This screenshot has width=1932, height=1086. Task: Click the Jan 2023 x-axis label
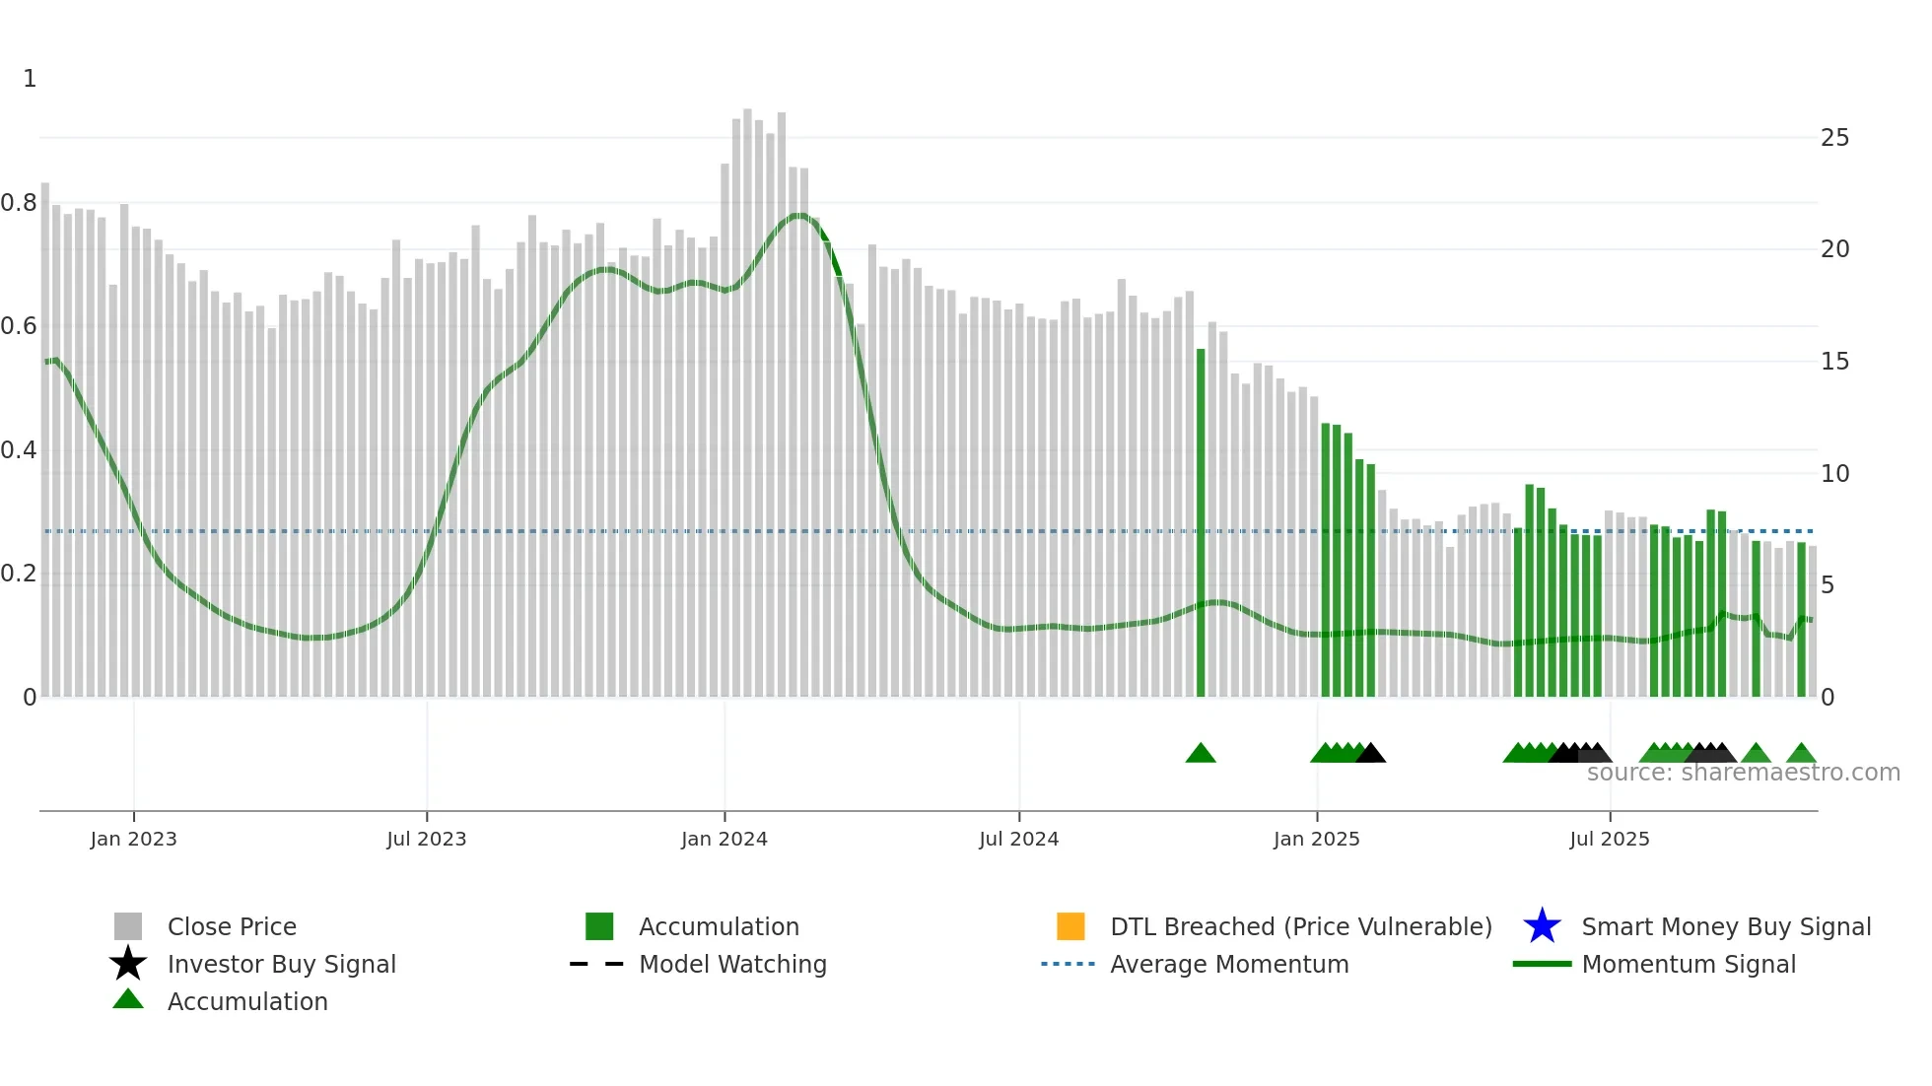[x=133, y=839]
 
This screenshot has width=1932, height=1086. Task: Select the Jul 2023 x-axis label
[x=426, y=839]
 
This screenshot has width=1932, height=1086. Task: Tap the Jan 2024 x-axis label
[x=724, y=839]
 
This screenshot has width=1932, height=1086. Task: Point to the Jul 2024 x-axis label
[x=1018, y=839]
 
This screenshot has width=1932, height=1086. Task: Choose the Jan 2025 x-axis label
[x=1316, y=839]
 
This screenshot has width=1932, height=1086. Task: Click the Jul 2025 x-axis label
[x=1609, y=839]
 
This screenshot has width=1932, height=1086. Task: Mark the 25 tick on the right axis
[x=1834, y=138]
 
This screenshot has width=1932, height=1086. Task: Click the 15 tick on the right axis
[x=1834, y=362]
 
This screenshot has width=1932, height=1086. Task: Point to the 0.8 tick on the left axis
[x=19, y=203]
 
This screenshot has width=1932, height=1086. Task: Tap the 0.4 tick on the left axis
[x=19, y=450]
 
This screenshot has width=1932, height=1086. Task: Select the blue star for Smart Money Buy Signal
[x=1542, y=926]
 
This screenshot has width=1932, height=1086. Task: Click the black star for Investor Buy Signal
[x=128, y=964]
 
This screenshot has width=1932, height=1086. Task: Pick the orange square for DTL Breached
[x=1070, y=926]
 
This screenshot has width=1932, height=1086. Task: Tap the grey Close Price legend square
[x=128, y=926]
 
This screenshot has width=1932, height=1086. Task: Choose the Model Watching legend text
[x=732, y=964]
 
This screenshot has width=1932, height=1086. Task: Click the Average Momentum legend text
[x=1229, y=964]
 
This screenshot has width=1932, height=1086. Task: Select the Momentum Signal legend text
[x=1689, y=964]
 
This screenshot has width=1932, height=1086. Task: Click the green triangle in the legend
[x=128, y=999]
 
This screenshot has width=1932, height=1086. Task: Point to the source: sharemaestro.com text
[x=1743, y=773]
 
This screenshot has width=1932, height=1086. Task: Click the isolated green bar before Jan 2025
[x=1201, y=522]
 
